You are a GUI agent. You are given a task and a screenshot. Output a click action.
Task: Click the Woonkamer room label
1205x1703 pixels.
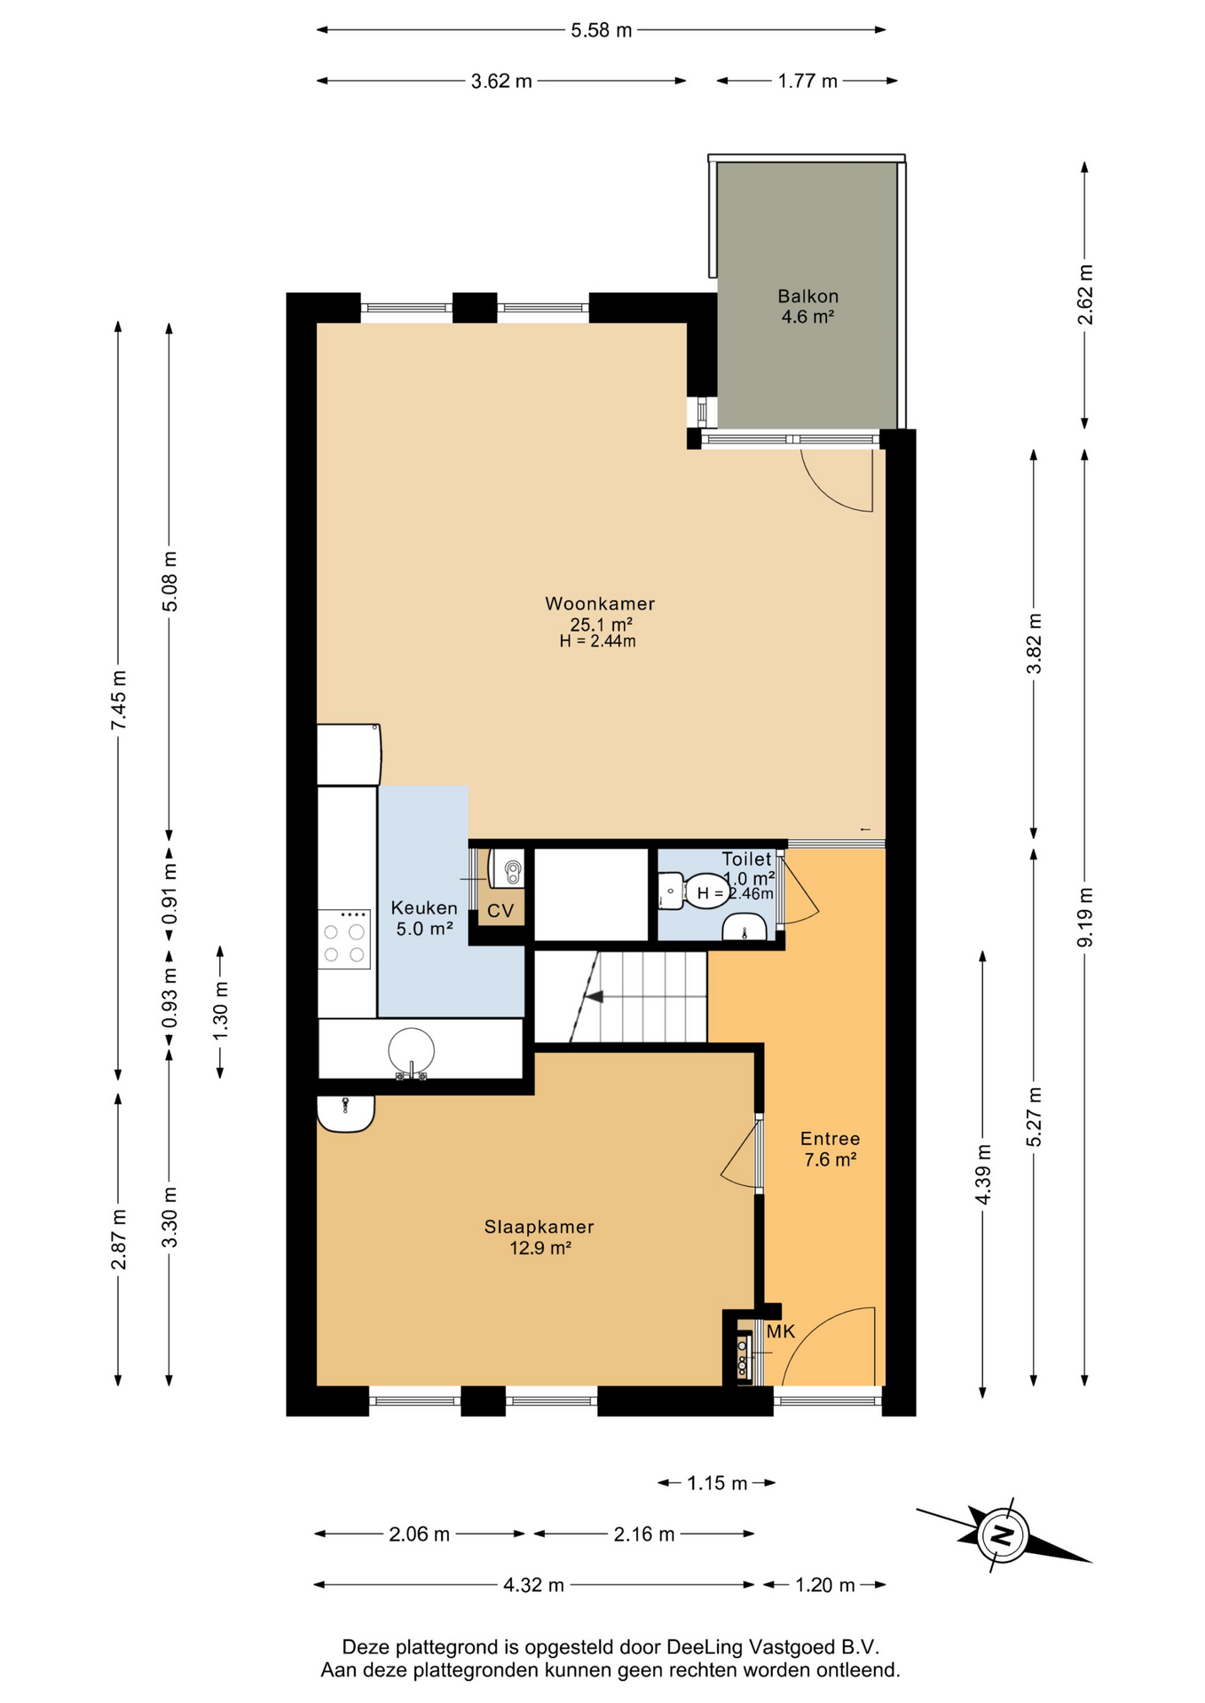pyautogui.click(x=600, y=604)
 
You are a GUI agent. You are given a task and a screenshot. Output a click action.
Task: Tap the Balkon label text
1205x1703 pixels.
pyautogui.click(x=807, y=296)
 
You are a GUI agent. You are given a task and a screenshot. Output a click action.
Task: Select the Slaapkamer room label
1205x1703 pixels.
pyautogui.click(x=539, y=1227)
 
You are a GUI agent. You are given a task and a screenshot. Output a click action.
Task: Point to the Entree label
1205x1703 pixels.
pyautogui.click(x=830, y=1138)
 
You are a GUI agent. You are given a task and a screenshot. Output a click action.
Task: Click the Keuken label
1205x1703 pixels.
pyautogui.click(x=424, y=907)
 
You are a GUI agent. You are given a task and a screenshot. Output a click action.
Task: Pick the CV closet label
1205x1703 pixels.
pyautogui.click(x=500, y=911)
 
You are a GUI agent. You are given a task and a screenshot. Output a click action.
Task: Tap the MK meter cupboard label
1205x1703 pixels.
pyautogui.click(x=781, y=1331)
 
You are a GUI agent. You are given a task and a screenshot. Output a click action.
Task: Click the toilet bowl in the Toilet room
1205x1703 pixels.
pyautogui.click(x=671, y=891)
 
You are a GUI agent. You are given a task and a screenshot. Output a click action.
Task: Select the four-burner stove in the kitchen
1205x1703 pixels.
pyautogui.click(x=344, y=939)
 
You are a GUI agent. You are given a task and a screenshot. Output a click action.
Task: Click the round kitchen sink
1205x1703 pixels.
pyautogui.click(x=412, y=1050)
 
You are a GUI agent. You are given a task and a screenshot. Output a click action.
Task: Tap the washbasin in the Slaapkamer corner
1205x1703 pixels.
pyautogui.click(x=345, y=1113)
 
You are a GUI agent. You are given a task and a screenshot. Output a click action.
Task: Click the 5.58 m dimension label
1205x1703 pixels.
pyautogui.click(x=601, y=30)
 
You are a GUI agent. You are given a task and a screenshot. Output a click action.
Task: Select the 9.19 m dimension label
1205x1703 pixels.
pyautogui.click(x=1085, y=916)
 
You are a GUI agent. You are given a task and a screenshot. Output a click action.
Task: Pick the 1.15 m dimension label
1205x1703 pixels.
pyautogui.click(x=717, y=1483)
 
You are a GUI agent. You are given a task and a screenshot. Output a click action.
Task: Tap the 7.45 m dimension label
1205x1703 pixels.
pyautogui.click(x=119, y=701)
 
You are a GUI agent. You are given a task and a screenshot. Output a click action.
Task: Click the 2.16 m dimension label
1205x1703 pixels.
pyautogui.click(x=644, y=1534)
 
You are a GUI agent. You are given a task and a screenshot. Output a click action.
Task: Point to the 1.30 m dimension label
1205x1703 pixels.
pyautogui.click(x=221, y=1012)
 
